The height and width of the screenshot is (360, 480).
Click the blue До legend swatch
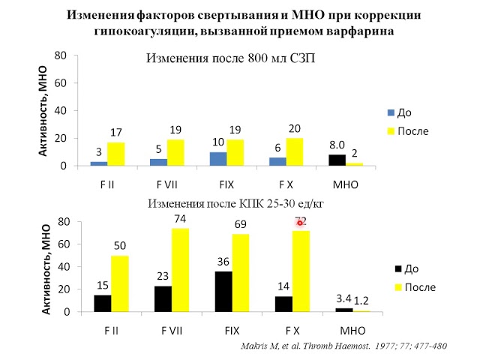390,112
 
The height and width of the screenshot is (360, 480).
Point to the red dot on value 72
299,222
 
